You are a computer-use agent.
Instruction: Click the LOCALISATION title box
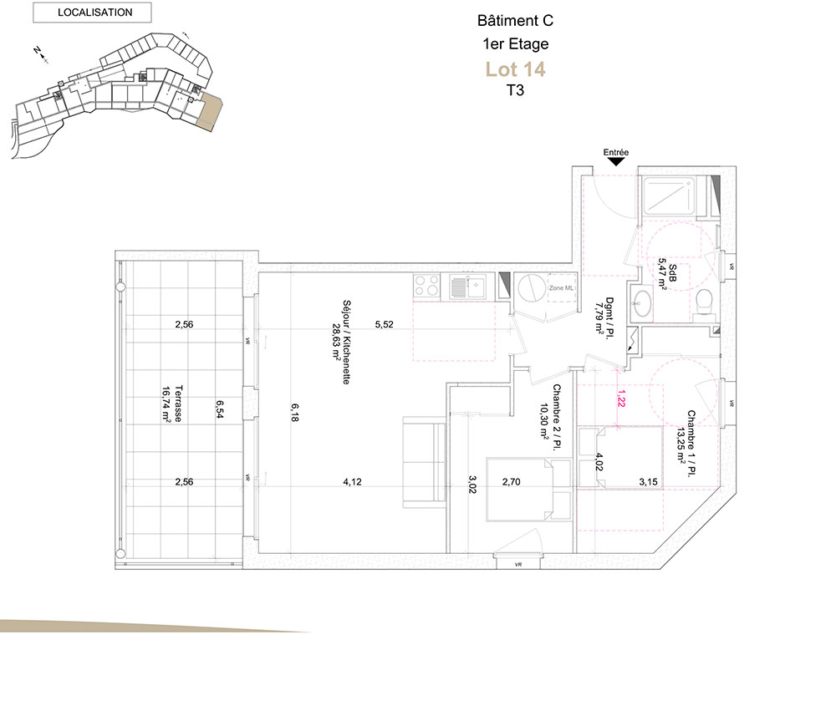(92, 13)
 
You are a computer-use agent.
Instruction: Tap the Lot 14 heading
(515, 69)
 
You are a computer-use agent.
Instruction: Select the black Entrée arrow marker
(616, 161)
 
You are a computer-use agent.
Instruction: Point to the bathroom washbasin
(640, 303)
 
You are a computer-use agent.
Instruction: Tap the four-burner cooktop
(426, 285)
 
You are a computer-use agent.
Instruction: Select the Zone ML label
(561, 288)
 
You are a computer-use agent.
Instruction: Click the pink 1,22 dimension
(620, 398)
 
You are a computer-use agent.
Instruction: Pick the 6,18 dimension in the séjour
(294, 413)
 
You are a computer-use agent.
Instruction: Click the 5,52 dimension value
(384, 324)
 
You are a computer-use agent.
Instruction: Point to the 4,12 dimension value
(352, 481)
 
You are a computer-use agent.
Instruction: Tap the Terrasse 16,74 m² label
(172, 404)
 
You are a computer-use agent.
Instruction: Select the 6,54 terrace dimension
(219, 409)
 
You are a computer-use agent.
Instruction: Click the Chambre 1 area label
(686, 444)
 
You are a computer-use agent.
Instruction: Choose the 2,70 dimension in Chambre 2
(512, 481)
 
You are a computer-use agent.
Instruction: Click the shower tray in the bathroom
(669, 196)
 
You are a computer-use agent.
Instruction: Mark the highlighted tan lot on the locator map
(209, 111)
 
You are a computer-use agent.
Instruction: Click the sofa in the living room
(424, 462)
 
